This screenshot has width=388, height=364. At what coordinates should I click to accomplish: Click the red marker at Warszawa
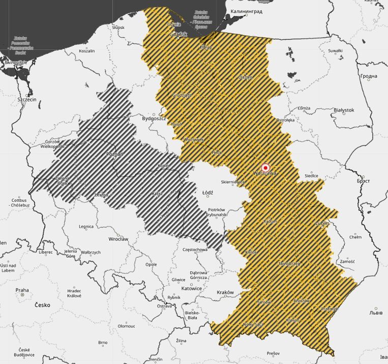point(265,167)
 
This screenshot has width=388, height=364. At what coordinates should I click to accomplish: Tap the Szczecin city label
point(26,100)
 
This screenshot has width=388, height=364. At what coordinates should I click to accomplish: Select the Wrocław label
point(118,238)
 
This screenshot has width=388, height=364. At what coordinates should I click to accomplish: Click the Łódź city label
point(207,193)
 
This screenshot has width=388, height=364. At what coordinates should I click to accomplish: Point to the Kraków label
point(225,293)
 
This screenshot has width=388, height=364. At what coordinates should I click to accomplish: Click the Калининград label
point(246,11)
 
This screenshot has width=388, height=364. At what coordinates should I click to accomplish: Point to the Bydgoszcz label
point(154,118)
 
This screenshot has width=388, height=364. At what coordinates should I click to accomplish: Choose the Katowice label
point(192,288)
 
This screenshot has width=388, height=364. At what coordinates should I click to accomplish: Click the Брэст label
point(363,181)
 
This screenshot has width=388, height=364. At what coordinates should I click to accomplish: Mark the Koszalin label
point(86,51)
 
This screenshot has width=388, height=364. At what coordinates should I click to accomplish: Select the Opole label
point(151,265)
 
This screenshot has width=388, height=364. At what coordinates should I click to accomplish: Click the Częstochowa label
point(195,250)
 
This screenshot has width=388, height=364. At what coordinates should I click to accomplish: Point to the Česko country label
point(43,305)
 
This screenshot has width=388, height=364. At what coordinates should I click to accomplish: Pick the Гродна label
point(369,76)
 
